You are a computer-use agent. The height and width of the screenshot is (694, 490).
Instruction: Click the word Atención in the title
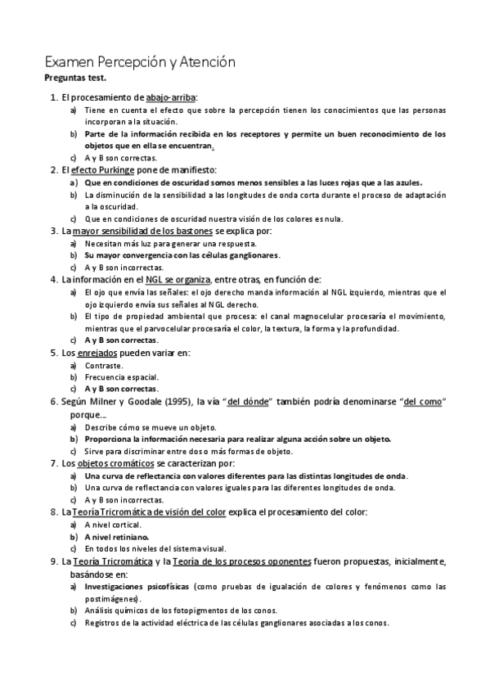207,61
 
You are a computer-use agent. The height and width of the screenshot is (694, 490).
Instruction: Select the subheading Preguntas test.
73,79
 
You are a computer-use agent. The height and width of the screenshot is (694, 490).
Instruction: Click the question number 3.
53,231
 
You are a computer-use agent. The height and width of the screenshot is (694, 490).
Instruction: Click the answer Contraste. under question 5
104,364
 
